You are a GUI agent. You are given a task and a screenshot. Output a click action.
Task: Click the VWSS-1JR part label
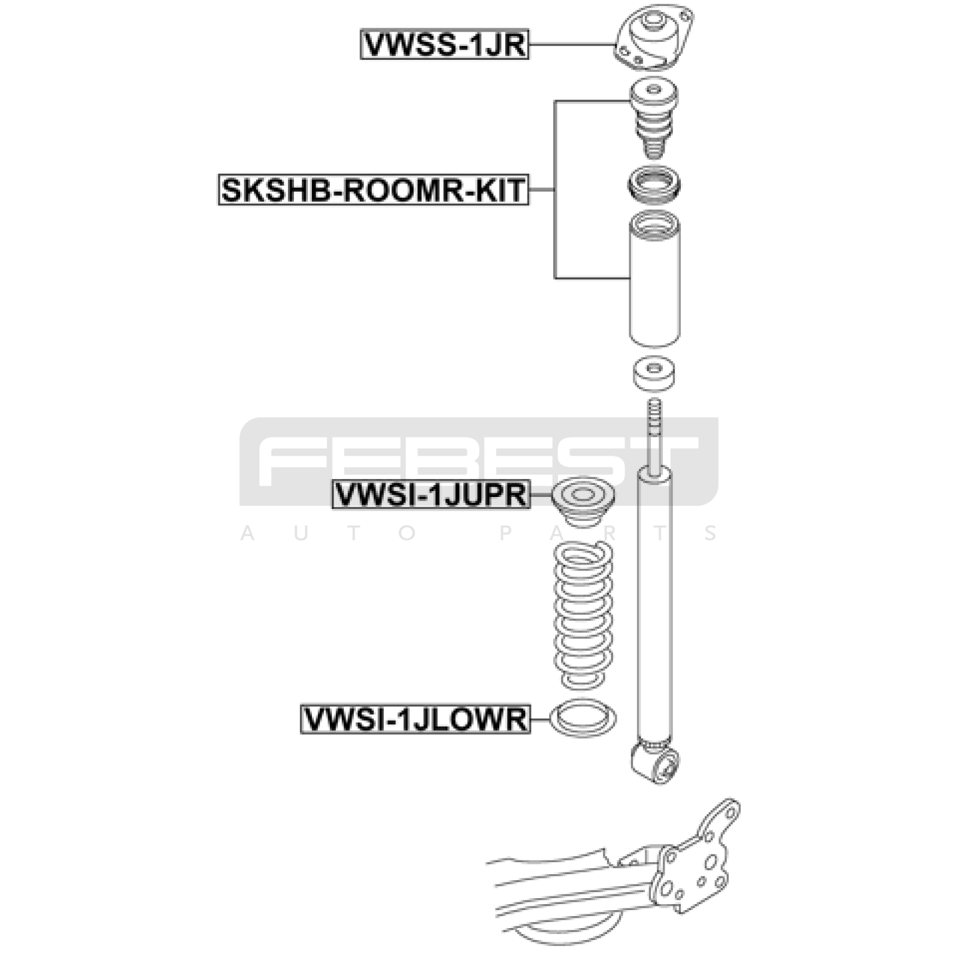[445, 44]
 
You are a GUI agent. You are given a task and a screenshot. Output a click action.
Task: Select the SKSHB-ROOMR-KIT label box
[374, 189]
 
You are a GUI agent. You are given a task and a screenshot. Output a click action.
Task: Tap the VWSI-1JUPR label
[432, 495]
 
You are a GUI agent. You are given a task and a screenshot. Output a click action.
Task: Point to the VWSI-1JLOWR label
[416, 718]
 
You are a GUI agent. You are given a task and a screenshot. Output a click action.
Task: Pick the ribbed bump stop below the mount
[654, 119]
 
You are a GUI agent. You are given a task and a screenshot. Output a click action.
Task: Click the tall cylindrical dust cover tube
[654, 280]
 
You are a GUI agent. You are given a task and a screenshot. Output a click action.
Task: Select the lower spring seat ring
[583, 718]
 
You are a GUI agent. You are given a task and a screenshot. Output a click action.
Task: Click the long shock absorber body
[654, 605]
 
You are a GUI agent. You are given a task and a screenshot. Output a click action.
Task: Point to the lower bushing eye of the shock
[657, 762]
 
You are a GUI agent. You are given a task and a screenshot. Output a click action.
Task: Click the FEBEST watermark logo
[479, 462]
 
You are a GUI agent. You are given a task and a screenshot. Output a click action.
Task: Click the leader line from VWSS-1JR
[572, 44]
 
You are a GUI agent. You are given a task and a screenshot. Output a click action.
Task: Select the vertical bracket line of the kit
[555, 190]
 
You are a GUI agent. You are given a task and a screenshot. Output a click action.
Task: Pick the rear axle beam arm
[575, 880]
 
